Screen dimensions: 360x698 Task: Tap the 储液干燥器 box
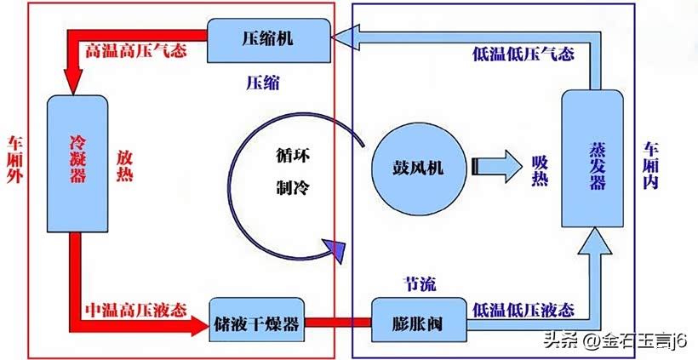tap(257, 323)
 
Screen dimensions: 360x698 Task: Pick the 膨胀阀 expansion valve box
tap(418, 323)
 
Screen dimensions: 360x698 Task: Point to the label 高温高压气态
tap(136, 51)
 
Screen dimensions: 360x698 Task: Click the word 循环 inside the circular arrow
tap(292, 157)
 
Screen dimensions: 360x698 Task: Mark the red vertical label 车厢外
tap(14, 159)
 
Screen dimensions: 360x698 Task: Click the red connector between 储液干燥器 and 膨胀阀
tap(337, 323)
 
